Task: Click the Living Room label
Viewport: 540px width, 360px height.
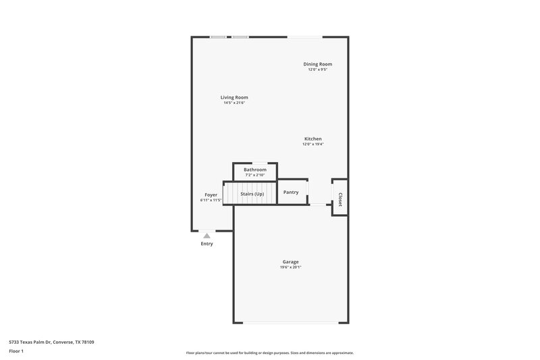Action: click(234, 97)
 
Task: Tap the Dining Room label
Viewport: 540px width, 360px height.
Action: click(317, 64)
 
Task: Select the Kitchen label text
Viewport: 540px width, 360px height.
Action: click(313, 138)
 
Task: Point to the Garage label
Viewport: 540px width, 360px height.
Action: click(290, 262)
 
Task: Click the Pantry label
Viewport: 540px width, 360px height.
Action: click(291, 192)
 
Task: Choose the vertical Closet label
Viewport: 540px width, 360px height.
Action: click(340, 199)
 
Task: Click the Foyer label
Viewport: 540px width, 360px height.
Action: click(211, 195)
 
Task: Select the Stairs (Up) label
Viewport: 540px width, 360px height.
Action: click(252, 194)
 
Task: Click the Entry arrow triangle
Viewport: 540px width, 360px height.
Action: click(207, 236)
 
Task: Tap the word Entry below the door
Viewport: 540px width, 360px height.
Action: click(207, 244)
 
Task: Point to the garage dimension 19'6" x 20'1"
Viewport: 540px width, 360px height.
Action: click(290, 267)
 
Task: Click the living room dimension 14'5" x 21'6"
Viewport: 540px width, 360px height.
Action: click(234, 103)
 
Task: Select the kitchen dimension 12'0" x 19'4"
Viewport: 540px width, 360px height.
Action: click(313, 144)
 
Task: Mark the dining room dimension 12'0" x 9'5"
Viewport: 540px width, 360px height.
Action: click(317, 70)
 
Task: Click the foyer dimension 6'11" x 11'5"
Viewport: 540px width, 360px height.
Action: click(211, 200)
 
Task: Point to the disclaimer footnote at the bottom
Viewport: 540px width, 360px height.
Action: click(269, 353)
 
